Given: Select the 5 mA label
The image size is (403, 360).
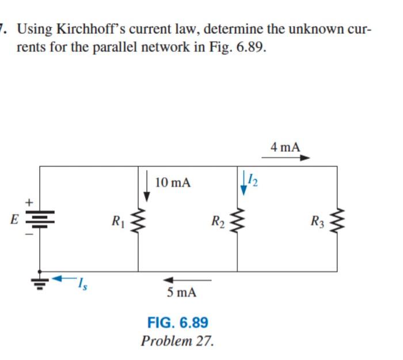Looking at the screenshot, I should (x=181, y=292).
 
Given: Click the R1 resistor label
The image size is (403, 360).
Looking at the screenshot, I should (x=117, y=219).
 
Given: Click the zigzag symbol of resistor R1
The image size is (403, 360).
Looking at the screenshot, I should (x=138, y=219).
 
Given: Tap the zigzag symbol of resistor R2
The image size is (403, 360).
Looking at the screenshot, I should (x=237, y=219).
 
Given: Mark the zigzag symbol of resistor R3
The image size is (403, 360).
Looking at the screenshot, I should (x=337, y=219).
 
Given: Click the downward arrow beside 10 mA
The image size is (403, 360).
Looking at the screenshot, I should (x=147, y=185).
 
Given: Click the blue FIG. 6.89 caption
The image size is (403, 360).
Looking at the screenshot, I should (x=178, y=321).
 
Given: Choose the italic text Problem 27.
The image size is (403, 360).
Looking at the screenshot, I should (x=177, y=340).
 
